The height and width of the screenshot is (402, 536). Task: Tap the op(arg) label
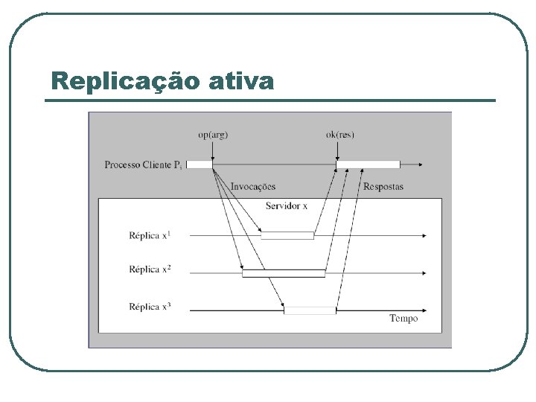point(213,135)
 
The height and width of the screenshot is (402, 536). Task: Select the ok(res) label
point(340,135)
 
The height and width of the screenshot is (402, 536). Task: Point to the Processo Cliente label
point(143,165)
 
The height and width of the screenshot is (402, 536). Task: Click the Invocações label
point(252,187)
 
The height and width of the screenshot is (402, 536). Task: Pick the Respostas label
point(383,187)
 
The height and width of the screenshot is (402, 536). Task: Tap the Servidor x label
point(286,205)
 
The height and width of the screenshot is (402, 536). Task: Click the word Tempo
point(403,319)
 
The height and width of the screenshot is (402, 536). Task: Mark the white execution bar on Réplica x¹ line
point(287,235)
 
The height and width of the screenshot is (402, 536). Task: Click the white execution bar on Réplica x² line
point(284,273)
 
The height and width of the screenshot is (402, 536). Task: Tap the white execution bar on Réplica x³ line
point(310,310)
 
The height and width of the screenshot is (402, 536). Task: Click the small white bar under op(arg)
point(199,165)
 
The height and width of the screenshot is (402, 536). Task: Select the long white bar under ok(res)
point(368,165)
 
